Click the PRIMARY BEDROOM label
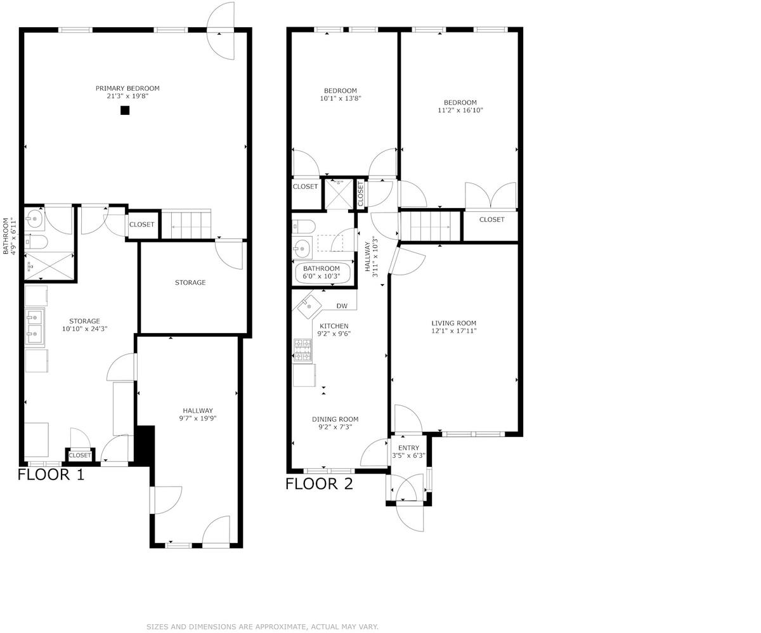click(127, 88)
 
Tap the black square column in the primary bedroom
click(125, 110)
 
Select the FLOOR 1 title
click(51, 474)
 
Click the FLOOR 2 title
click(319, 484)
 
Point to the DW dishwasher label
click(342, 306)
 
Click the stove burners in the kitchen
click(303, 351)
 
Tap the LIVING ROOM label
click(454, 323)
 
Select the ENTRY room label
click(408, 448)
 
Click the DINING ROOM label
click(335, 419)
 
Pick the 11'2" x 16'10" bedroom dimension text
click(460, 110)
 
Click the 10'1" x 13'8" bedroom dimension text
click(341, 98)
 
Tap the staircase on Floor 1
click(186, 224)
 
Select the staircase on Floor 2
click(431, 226)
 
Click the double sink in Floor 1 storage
click(35, 327)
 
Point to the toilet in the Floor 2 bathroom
click(303, 226)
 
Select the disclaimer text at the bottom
click(263, 627)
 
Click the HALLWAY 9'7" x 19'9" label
click(198, 414)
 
